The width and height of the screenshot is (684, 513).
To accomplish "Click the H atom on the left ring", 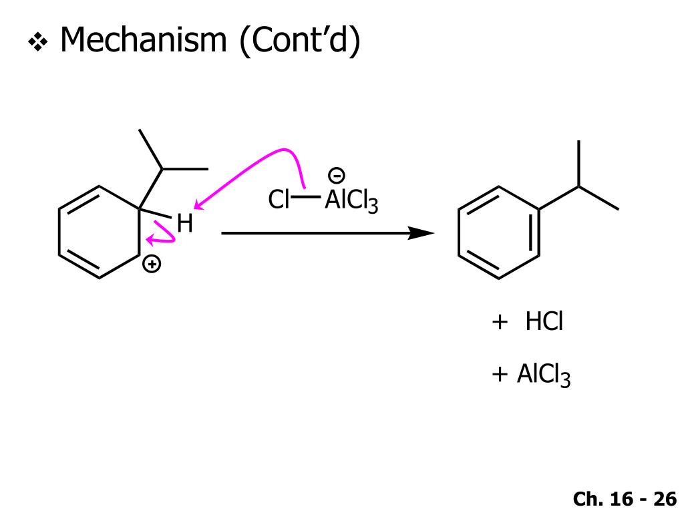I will point(184,224).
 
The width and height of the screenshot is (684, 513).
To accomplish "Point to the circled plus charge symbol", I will point(153,265).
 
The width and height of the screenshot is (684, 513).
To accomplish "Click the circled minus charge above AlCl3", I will point(337,176).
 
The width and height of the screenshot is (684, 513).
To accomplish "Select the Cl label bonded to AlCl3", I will point(279,200).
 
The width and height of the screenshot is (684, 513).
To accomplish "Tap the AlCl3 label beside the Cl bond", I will point(351,200).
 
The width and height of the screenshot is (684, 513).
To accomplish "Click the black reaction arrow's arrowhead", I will point(422,233).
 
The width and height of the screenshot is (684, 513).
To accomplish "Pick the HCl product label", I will point(544,323).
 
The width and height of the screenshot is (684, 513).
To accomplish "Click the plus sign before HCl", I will point(499,323).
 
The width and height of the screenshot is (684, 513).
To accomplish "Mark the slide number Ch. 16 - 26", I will point(625,498).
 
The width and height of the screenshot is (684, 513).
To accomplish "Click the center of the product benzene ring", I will point(499,232).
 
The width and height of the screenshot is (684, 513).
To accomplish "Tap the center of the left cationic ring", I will point(100,232).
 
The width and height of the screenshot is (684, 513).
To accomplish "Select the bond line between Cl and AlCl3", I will point(307,198).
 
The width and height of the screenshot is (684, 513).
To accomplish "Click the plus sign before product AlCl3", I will point(499,375).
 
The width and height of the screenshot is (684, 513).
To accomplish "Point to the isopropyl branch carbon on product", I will point(578,186).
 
